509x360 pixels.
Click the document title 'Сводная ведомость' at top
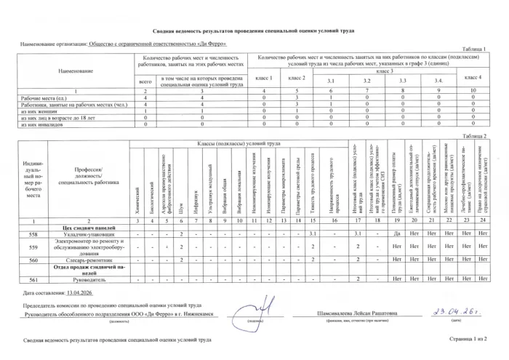click(x=253, y=33)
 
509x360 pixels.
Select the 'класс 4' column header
click(x=473, y=77)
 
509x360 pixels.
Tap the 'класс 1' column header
click(x=263, y=77)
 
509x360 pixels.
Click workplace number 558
click(x=33, y=235)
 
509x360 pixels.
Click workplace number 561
click(x=33, y=279)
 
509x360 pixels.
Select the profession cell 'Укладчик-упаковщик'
click(x=90, y=235)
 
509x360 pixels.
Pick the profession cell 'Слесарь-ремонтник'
click(x=90, y=260)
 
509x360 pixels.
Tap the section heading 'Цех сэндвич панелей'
click(x=90, y=228)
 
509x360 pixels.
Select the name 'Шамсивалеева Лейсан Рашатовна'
click(x=351, y=313)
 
